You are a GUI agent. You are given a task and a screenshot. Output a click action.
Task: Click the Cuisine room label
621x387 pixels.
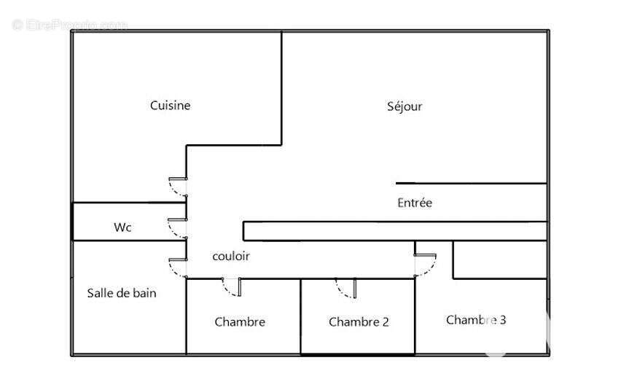click(x=171, y=106)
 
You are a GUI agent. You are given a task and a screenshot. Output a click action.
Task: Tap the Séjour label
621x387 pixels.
click(x=405, y=106)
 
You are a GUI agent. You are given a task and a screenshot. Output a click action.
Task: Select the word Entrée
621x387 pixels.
click(x=415, y=203)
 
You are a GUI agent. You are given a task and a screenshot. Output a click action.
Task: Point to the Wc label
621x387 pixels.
click(x=122, y=227)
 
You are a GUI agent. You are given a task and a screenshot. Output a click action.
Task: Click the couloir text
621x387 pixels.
click(x=231, y=257)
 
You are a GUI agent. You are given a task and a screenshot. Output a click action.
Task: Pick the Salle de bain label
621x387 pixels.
click(x=122, y=293)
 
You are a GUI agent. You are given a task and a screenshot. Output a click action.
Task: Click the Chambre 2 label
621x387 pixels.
click(x=359, y=322)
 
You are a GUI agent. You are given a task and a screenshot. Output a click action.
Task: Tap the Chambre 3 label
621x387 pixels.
click(x=476, y=320)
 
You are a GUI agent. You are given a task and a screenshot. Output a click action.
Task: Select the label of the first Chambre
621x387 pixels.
click(x=240, y=322)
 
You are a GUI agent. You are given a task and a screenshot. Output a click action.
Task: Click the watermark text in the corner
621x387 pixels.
click(x=70, y=26)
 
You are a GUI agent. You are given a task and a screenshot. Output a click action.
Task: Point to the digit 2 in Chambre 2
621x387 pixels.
click(x=386, y=322)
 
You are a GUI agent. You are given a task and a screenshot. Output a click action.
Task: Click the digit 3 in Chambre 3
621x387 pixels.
click(x=503, y=320)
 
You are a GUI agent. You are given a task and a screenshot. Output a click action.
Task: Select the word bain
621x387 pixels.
click(x=144, y=293)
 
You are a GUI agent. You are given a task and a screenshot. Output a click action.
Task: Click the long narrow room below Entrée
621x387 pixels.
click(x=395, y=231)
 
